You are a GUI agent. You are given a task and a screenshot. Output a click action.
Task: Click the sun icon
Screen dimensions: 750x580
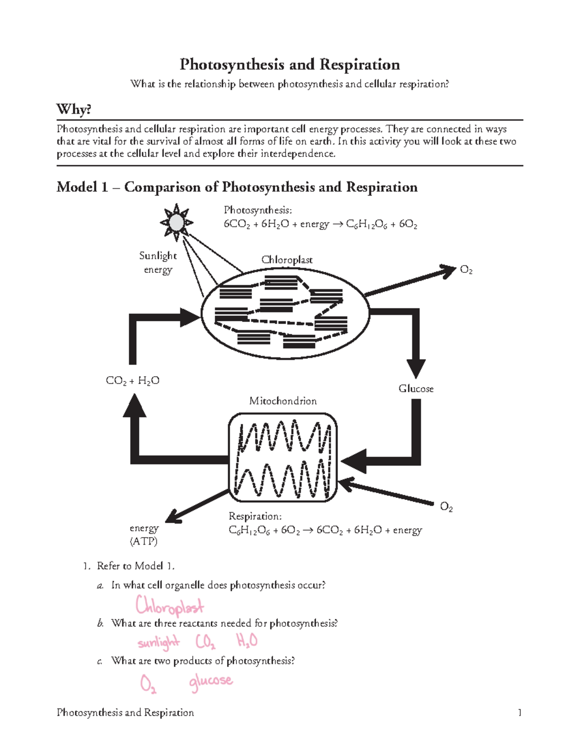tap(177, 223)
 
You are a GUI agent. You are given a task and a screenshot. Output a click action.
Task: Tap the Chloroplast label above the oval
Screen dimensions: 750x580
tap(287, 260)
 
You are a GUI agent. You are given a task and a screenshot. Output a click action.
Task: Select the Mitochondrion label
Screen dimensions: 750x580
tap(283, 401)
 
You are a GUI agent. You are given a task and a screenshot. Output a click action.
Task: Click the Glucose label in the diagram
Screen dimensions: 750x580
tap(416, 389)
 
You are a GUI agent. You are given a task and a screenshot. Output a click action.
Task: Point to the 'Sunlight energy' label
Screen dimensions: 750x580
tap(158, 262)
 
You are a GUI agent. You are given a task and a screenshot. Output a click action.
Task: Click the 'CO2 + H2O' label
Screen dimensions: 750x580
tap(132, 381)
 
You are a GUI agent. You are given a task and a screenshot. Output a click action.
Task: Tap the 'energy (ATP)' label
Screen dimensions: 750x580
tap(144, 535)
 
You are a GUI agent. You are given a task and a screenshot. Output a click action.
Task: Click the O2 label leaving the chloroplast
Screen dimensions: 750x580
tap(466, 270)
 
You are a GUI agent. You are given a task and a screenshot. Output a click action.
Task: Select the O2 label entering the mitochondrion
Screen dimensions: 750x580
tap(446, 507)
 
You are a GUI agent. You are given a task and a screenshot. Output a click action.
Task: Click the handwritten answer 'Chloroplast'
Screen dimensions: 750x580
tap(170, 605)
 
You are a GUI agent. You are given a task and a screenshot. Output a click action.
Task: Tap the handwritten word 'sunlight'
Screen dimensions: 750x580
tap(159, 643)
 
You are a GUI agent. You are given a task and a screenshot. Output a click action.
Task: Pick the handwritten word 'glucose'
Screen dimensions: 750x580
tap(211, 681)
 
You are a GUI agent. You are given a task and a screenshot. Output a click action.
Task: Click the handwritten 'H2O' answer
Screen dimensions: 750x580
tap(246, 641)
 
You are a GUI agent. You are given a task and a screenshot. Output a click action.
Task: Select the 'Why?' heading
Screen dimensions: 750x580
tap(74, 110)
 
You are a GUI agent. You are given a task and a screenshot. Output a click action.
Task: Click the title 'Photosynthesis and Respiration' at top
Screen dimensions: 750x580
tap(290, 65)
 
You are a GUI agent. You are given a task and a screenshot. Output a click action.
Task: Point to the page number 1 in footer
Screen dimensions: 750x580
tap(520, 712)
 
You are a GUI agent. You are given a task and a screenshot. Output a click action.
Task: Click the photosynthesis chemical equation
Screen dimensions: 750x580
tap(320, 224)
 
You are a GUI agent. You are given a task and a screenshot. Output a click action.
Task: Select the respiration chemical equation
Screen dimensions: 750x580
tap(325, 530)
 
